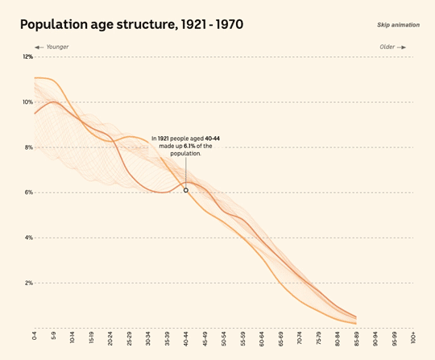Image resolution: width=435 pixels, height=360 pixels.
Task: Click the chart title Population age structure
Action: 131,25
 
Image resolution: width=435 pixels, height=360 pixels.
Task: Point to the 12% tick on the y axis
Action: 27,57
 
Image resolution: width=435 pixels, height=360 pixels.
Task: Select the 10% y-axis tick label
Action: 27,102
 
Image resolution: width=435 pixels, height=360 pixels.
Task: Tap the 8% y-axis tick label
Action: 28,147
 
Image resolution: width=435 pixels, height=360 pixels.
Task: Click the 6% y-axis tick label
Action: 28,192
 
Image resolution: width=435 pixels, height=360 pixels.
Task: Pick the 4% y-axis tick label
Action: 28,238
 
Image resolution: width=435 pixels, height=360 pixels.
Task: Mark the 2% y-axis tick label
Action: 28,283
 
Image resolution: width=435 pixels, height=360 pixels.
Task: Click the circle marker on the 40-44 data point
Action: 186,190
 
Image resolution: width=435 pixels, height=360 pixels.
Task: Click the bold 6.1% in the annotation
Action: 189,146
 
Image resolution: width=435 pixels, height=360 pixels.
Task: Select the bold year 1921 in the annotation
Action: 163,139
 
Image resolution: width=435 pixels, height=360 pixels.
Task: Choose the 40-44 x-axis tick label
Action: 186,338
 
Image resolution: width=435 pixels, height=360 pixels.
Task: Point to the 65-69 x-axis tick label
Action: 280,338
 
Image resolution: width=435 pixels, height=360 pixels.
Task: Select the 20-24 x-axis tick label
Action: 110,338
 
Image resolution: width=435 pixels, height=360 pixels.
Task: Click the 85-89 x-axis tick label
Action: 356,338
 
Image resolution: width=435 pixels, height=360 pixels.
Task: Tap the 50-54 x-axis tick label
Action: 224,338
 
